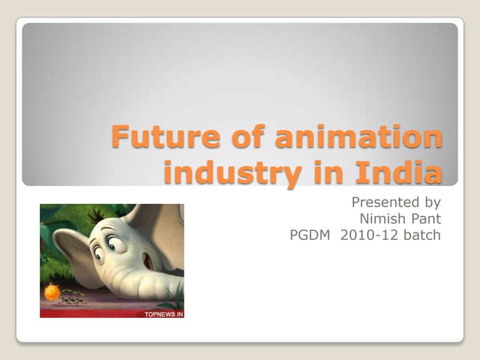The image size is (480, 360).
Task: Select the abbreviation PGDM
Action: click(x=310, y=235)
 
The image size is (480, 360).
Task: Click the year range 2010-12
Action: click(x=368, y=235)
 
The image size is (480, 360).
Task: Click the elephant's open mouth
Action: click(x=148, y=261)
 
